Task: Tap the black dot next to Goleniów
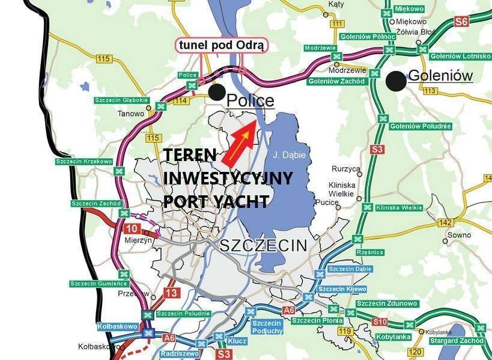coord(395,81)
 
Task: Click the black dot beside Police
coord(217,92)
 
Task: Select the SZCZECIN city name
coord(263,245)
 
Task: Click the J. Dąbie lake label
coord(288,155)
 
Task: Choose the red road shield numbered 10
coord(132,228)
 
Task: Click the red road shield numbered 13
coord(171,293)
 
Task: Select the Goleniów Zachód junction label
coord(336,81)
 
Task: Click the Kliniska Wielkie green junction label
coord(398,207)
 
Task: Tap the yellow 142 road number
coord(445,223)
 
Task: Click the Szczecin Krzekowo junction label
coord(84,162)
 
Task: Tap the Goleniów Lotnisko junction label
coord(461,56)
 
